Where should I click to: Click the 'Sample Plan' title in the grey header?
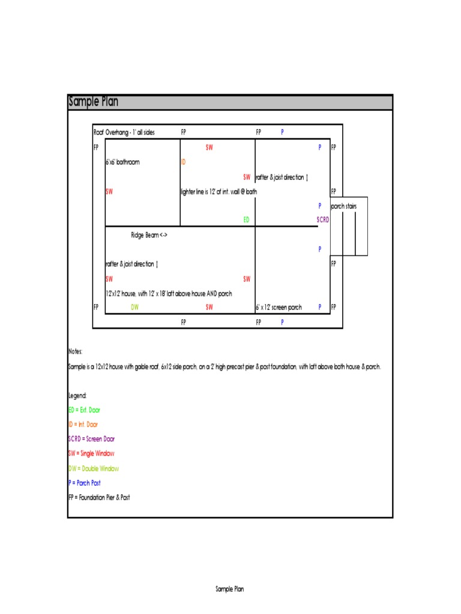click(x=93, y=102)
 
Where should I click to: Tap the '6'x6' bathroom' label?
click(x=122, y=162)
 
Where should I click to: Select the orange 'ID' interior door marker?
click(x=183, y=162)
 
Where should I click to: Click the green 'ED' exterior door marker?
click(x=246, y=220)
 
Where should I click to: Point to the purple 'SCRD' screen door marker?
click(x=323, y=220)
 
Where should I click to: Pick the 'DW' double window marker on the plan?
click(x=134, y=308)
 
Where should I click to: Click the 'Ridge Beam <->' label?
click(x=149, y=235)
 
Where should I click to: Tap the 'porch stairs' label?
click(x=344, y=207)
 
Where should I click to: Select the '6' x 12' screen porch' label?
click(x=279, y=308)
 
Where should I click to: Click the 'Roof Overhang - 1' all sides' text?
click(x=124, y=133)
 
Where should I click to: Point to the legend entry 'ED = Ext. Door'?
click(x=84, y=410)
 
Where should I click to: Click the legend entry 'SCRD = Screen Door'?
click(x=91, y=439)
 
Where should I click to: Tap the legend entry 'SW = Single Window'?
click(x=91, y=454)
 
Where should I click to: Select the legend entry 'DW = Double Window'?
click(x=94, y=468)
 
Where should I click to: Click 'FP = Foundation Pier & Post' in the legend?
click(x=99, y=498)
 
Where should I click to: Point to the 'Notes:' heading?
click(x=75, y=352)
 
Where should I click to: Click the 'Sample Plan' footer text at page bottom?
click(x=230, y=589)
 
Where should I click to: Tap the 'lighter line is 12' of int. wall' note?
click(x=218, y=192)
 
